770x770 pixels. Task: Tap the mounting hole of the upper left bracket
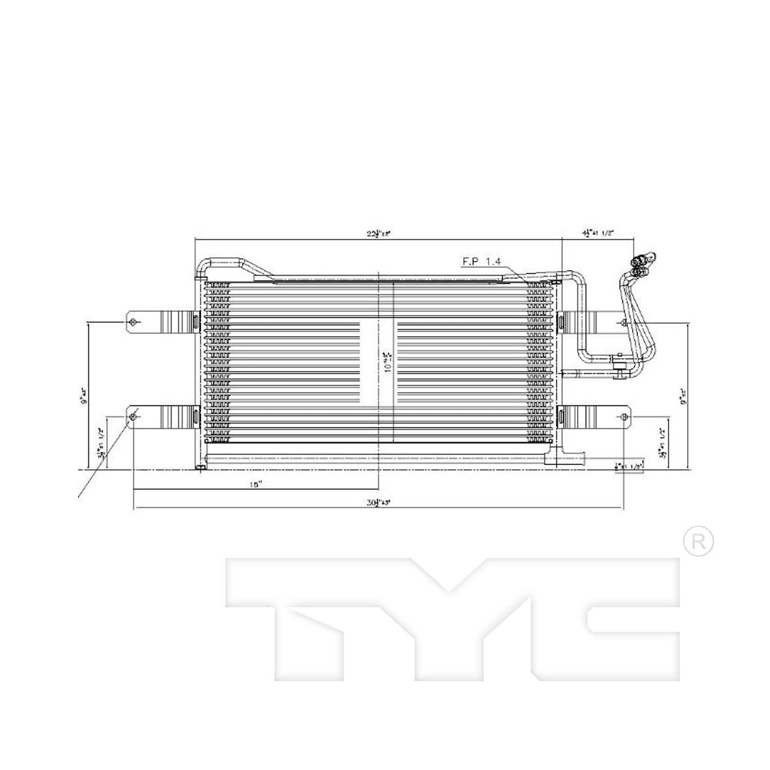tap(133, 322)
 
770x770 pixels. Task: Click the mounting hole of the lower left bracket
tap(133, 416)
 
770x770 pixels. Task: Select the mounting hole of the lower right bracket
tap(624, 416)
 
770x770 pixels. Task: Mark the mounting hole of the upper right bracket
tap(623, 322)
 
